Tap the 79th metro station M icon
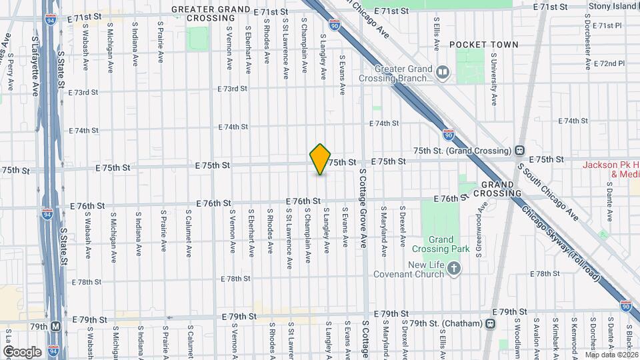pyautogui.click(x=56, y=327)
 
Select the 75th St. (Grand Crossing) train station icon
pyautogui.click(x=519, y=151)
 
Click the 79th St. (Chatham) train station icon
pyautogui.click(x=491, y=324)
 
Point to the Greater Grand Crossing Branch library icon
pyautogui.click(x=442, y=70)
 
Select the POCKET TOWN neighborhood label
pyautogui.click(x=483, y=45)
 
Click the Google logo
pyautogui.click(x=22, y=351)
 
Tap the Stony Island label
pyautogui.click(x=613, y=7)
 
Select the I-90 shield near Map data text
pyautogui.click(x=625, y=305)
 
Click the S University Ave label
pyautogui.click(x=494, y=86)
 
